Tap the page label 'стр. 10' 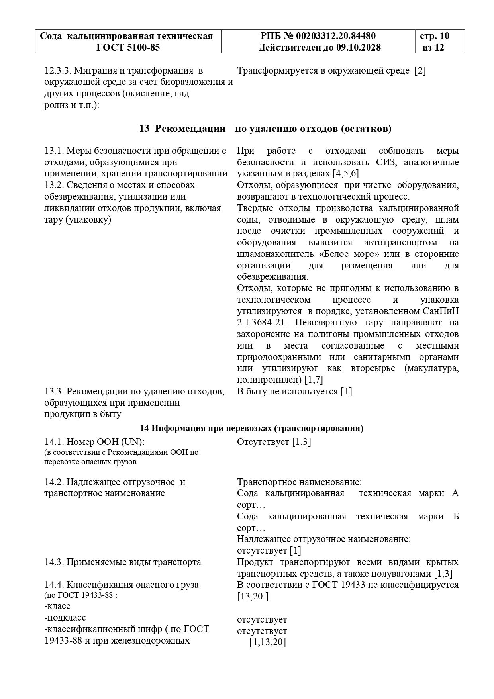click(435, 36)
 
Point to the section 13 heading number click(144, 129)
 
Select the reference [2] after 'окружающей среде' click(420, 71)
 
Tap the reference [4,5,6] click(346, 174)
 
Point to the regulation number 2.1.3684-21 click(262, 322)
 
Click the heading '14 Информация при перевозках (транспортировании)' click(251, 428)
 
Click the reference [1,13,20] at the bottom click(268, 642)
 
